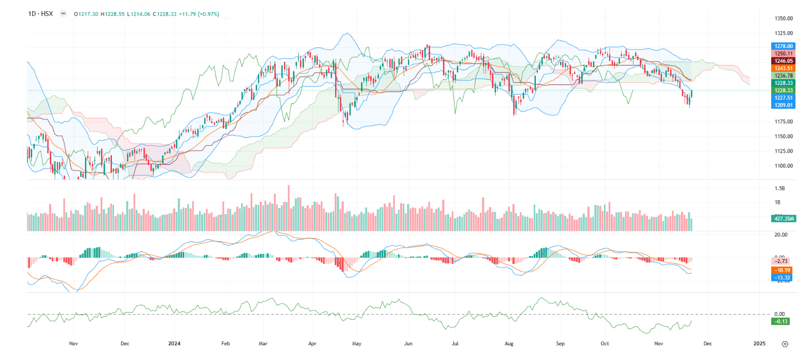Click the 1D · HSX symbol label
(x=41, y=14)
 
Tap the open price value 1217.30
(x=88, y=14)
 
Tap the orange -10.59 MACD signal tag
(x=782, y=270)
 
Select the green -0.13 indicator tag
(x=780, y=321)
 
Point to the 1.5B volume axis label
(x=780, y=188)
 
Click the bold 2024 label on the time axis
(x=174, y=344)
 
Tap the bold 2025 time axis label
(x=759, y=344)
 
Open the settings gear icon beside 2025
(x=785, y=344)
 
